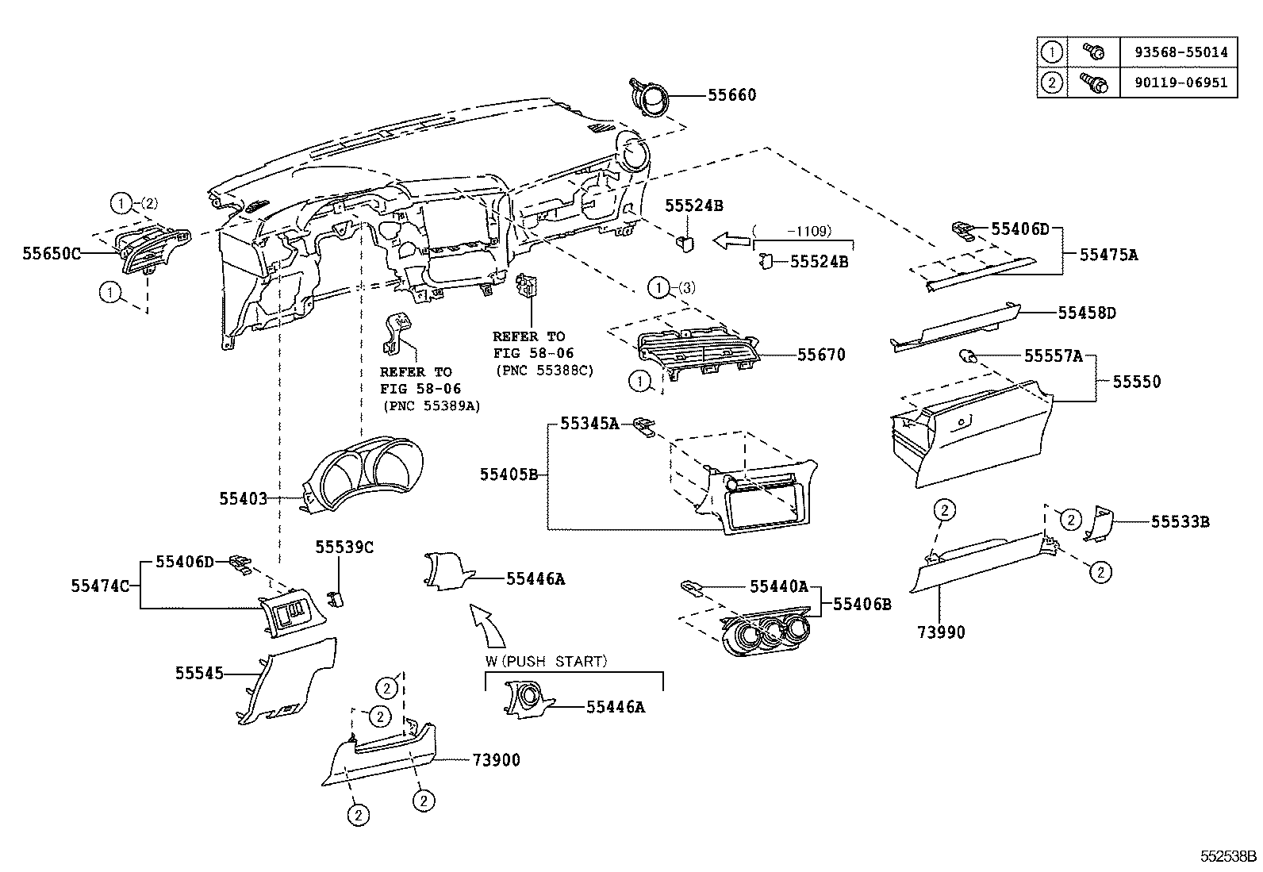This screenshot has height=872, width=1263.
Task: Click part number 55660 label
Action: click(731, 95)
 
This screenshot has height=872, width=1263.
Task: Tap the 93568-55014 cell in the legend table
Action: click(1179, 52)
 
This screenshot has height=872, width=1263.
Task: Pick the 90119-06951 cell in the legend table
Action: click(1179, 83)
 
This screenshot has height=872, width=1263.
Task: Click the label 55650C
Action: click(52, 253)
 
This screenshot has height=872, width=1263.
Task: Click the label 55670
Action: click(821, 355)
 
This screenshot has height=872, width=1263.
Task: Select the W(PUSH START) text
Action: click(547, 661)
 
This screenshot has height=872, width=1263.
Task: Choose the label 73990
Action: click(942, 632)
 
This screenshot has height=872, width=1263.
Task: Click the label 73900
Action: click(496, 760)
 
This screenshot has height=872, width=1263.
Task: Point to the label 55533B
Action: click(1180, 522)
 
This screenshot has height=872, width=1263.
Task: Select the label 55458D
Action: click(1086, 313)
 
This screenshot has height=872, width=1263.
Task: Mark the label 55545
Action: click(199, 674)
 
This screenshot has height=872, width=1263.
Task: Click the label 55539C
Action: click(344, 547)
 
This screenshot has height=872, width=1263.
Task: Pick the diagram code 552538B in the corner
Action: click(1227, 857)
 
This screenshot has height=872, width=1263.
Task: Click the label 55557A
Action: click(1053, 356)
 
